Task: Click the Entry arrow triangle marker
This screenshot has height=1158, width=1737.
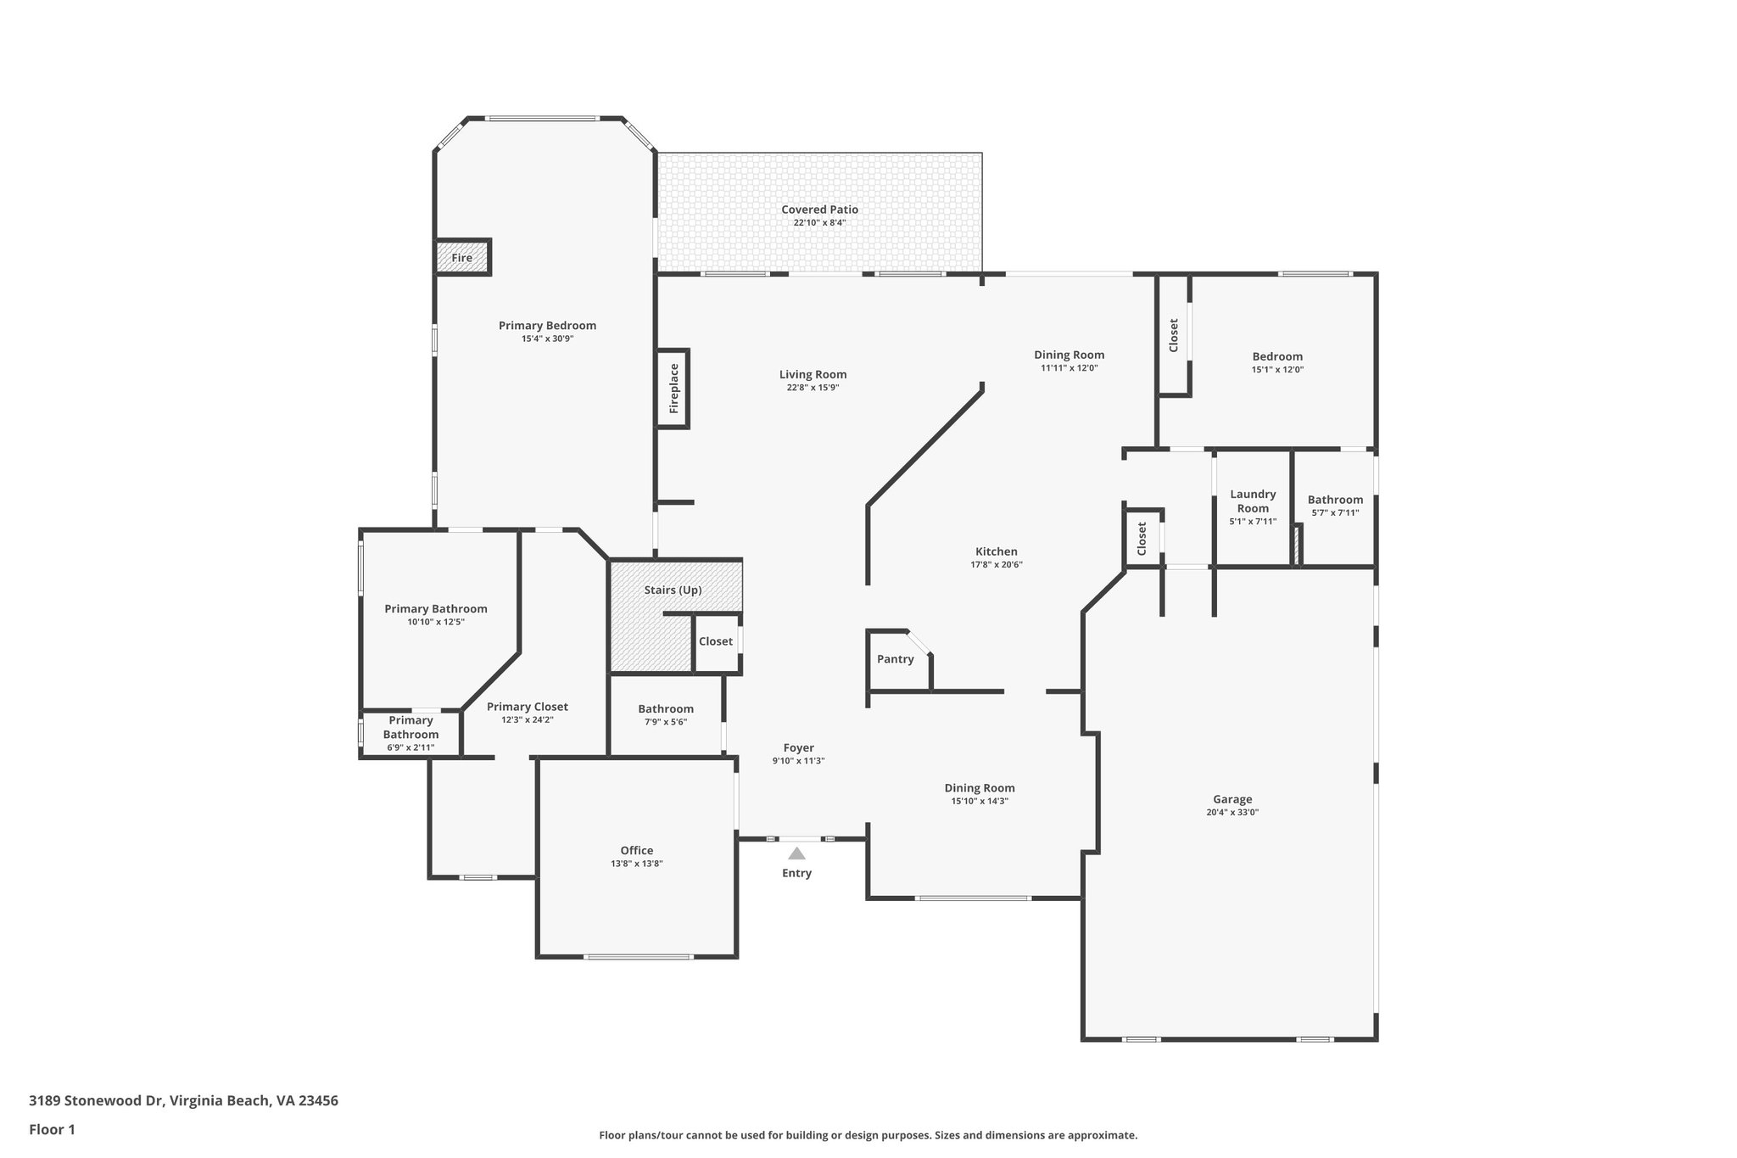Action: pyautogui.click(x=796, y=853)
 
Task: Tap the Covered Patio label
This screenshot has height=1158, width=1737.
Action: pyautogui.click(x=819, y=210)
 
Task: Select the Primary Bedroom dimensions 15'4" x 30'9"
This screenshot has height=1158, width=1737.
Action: pyautogui.click(x=547, y=338)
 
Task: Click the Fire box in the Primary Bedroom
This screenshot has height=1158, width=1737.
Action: pyautogui.click(x=462, y=258)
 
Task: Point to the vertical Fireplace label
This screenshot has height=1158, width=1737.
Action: pyautogui.click(x=674, y=389)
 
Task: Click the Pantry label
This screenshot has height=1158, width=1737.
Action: pyautogui.click(x=895, y=659)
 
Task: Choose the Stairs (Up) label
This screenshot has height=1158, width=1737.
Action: pyautogui.click(x=673, y=590)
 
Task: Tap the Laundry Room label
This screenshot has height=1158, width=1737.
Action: pyautogui.click(x=1253, y=501)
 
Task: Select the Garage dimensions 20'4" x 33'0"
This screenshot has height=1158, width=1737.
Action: pyautogui.click(x=1232, y=812)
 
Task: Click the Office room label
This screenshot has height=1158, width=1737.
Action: pyautogui.click(x=636, y=850)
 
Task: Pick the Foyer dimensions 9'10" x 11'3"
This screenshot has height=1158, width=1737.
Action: pyautogui.click(x=798, y=761)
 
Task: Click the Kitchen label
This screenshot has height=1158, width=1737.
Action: pyautogui.click(x=996, y=551)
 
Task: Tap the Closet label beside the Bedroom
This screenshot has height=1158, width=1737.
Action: pyautogui.click(x=1174, y=335)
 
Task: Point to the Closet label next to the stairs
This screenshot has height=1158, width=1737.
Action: pyautogui.click(x=715, y=641)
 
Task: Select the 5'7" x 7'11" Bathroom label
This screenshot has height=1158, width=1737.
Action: pyautogui.click(x=1335, y=500)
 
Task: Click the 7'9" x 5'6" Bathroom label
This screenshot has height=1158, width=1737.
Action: pyautogui.click(x=666, y=709)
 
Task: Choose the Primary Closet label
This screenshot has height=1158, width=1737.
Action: pyautogui.click(x=527, y=707)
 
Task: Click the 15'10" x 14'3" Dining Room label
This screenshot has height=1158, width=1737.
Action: pyautogui.click(x=980, y=788)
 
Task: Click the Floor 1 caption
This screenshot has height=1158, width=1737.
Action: pyautogui.click(x=52, y=1129)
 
